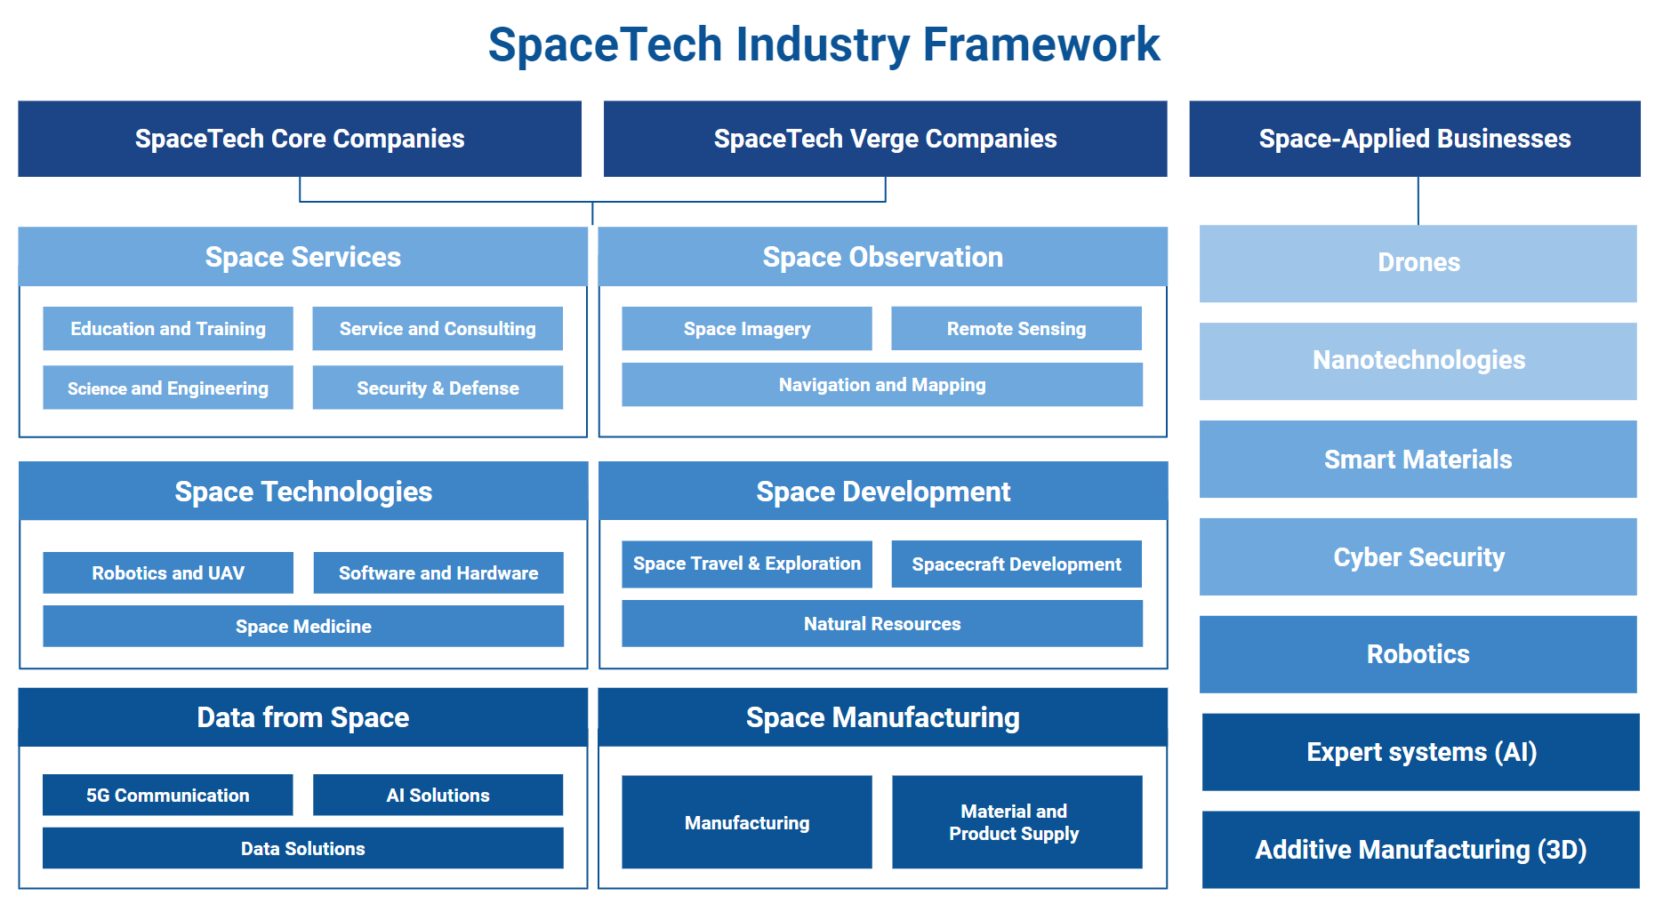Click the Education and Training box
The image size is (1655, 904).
coord(168,329)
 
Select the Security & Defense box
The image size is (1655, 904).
coord(438,388)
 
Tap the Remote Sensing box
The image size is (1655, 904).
coord(1016,329)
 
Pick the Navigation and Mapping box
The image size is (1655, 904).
coord(882,385)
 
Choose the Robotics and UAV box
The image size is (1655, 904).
coord(168,572)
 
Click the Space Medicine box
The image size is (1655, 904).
coord(303,626)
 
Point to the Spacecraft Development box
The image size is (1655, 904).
coord(1016,564)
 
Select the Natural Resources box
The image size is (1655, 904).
coord(882,623)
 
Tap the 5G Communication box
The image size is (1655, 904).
coord(168,795)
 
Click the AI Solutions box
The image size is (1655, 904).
coord(438,795)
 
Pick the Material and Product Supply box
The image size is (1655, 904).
coord(1017,822)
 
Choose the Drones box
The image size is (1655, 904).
coord(1418,263)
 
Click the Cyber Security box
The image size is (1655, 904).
coord(1418,556)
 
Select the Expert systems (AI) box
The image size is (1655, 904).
coord(1421,752)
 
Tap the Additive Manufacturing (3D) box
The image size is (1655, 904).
coord(1421,850)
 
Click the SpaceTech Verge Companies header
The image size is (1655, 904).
coord(886,139)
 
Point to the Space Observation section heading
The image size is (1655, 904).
coord(883,257)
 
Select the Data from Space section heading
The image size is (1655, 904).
coord(303,717)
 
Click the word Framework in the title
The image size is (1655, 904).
coord(1041,44)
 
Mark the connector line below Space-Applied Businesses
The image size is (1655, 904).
coord(1418,201)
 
